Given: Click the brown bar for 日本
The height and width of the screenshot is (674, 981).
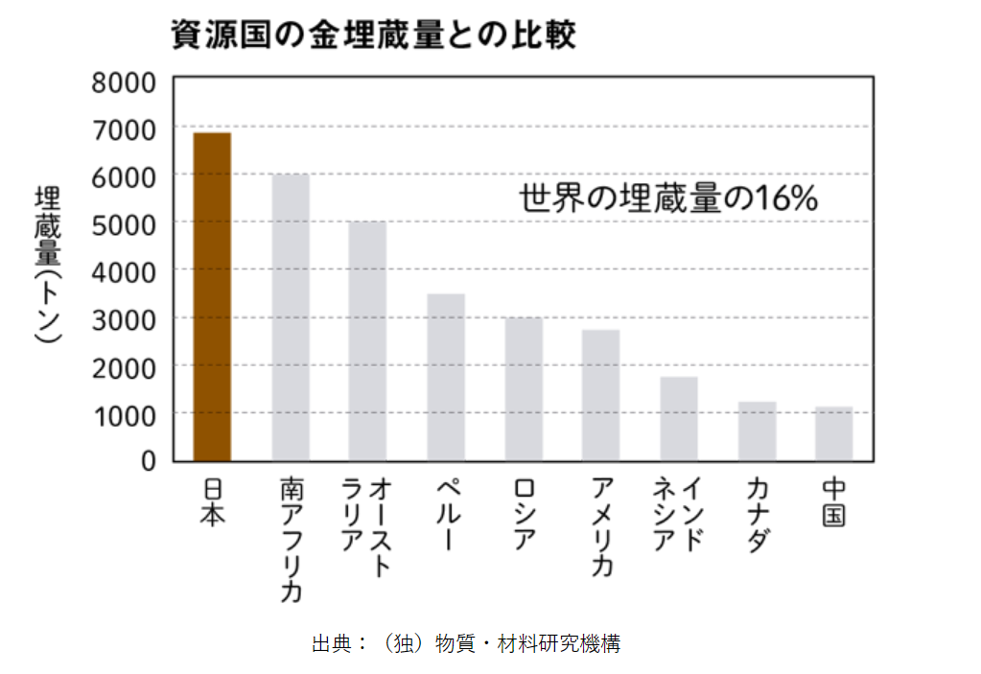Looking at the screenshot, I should pyautogui.click(x=212, y=296).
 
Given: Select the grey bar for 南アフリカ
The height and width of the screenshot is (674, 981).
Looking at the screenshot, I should pyautogui.click(x=291, y=317).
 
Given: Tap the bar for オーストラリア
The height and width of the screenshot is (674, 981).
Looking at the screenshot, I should pyautogui.click(x=367, y=340).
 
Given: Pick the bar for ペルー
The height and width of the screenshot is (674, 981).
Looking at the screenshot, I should pyautogui.click(x=446, y=377).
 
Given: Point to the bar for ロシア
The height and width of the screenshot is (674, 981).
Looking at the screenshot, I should pyautogui.click(x=524, y=388).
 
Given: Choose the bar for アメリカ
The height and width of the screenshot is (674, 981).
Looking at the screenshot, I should pyautogui.click(x=600, y=395).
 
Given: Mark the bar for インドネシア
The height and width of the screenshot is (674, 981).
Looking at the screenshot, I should pyautogui.click(x=679, y=418).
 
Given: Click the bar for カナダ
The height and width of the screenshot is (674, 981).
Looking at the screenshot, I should pyautogui.click(x=757, y=430).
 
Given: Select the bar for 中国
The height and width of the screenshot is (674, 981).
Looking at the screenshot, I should pyautogui.click(x=833, y=433).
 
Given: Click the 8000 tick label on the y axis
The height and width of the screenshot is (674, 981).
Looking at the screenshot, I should pyautogui.click(x=124, y=81).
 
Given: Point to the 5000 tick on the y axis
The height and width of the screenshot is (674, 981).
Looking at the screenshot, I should pyautogui.click(x=124, y=223).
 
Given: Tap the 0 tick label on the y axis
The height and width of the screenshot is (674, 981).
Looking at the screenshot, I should pyautogui.click(x=148, y=461).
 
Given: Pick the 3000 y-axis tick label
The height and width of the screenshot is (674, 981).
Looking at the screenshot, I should pyautogui.click(x=124, y=318).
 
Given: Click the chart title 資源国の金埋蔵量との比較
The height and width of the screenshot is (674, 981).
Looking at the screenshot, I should pyautogui.click(x=373, y=35).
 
